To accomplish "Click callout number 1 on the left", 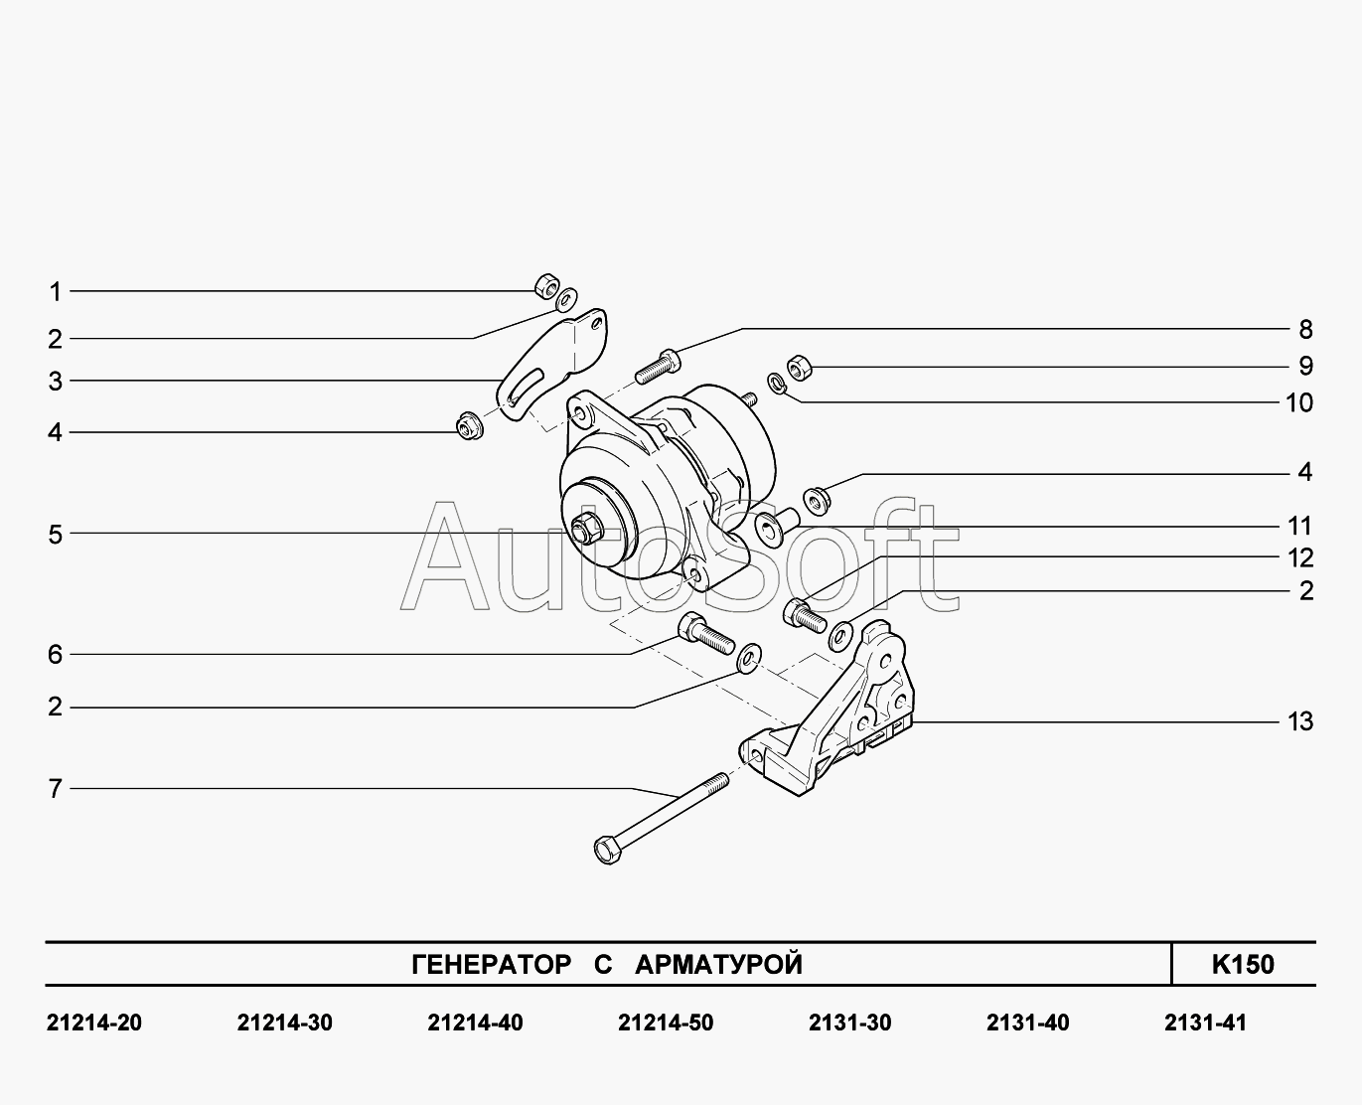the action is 56,292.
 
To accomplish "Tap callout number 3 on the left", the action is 56,382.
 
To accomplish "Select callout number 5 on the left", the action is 56,534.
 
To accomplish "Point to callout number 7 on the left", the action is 56,788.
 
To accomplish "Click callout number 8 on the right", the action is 1305,329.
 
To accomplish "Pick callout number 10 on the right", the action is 1299,402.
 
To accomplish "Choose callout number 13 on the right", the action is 1300,721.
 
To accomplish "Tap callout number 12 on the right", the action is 1300,557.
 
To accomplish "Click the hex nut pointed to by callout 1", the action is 546,286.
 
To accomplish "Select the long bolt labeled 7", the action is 661,819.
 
